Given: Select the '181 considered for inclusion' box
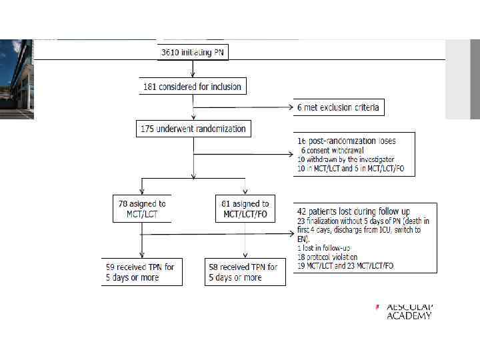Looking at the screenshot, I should pyautogui.click(x=192, y=87).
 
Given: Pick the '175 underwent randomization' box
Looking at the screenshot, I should pyautogui.click(x=192, y=129).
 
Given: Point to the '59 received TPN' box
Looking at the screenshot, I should pyautogui.click(x=141, y=272).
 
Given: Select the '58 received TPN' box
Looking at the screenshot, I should pyautogui.click(x=245, y=272).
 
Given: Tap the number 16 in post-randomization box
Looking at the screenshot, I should pyautogui.click(x=302, y=141).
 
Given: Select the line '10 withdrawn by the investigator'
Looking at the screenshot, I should pyautogui.click(x=345, y=159).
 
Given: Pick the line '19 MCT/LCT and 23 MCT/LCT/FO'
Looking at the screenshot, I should pyautogui.click(x=345, y=265).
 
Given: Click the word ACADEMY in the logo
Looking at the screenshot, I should pyautogui.click(x=409, y=315).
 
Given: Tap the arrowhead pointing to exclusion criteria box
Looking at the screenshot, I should pyautogui.click(x=291, y=107).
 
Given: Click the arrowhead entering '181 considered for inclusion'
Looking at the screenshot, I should pyautogui.click(x=193, y=75).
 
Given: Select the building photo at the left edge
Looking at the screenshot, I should pyautogui.click(x=17, y=79).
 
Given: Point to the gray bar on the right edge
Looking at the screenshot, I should pyautogui.click(x=462, y=79).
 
